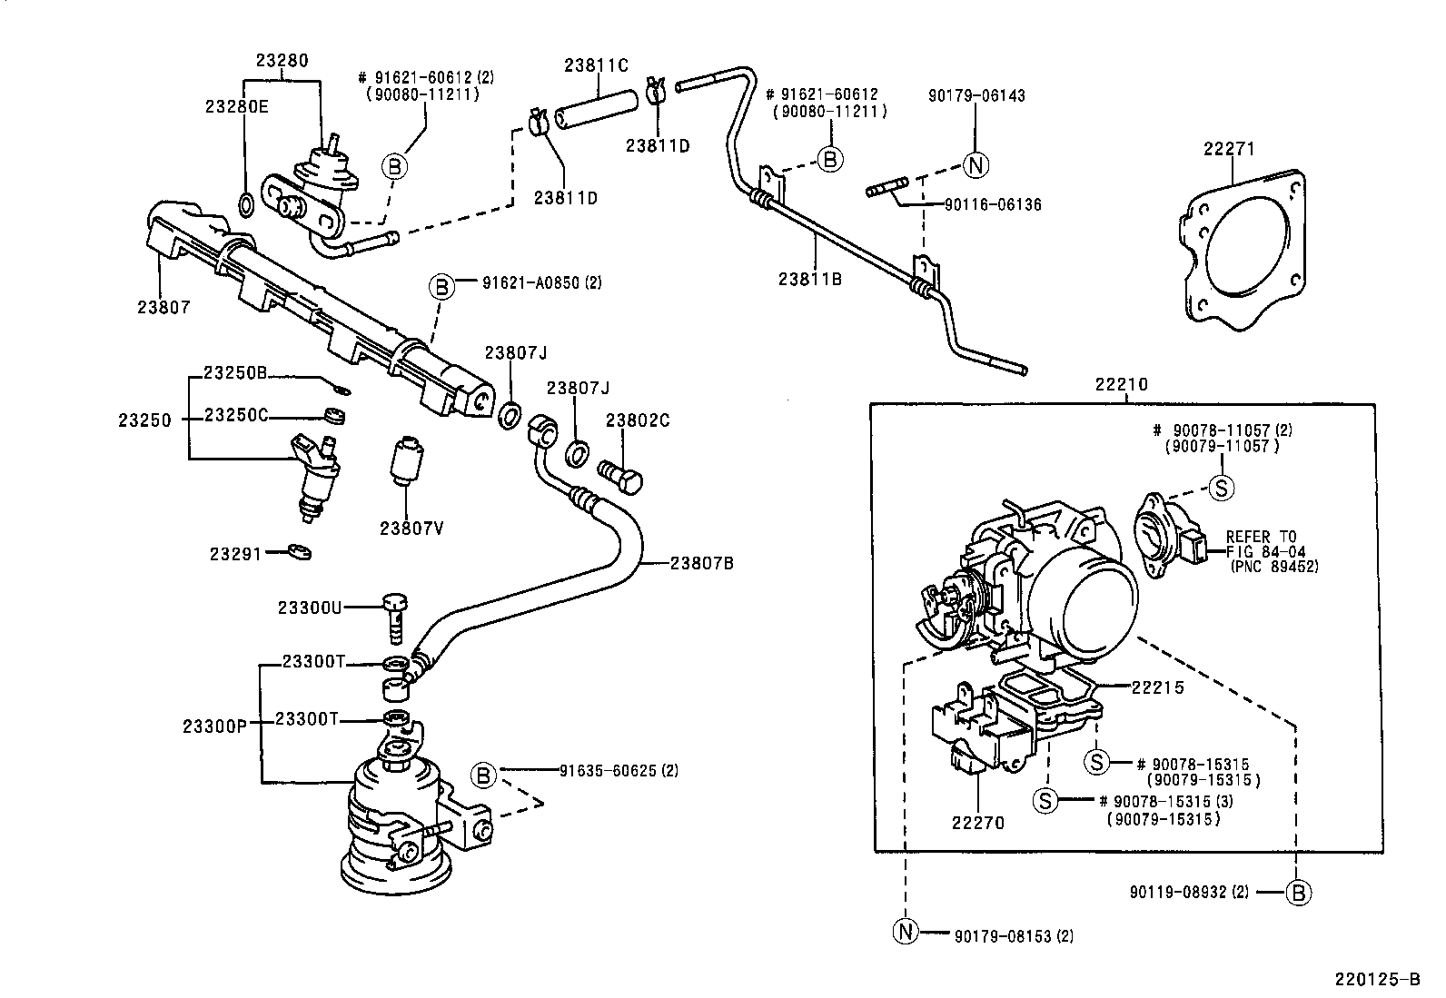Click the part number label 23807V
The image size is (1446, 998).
[x=411, y=528]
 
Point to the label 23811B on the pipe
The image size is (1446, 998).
[x=809, y=279]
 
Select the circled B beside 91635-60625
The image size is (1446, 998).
[x=483, y=775]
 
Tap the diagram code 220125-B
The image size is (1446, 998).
[x=1376, y=980]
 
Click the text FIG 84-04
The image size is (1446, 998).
[x=1263, y=551]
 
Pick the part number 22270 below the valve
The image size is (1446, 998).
[x=978, y=823]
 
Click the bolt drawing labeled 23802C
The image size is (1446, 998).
[x=620, y=473]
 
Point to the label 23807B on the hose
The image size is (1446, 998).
[x=701, y=563]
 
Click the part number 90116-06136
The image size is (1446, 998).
[x=993, y=205]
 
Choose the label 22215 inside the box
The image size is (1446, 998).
[x=1157, y=687]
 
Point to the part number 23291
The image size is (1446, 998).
[x=235, y=554]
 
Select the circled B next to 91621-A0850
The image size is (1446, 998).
[x=441, y=287]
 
